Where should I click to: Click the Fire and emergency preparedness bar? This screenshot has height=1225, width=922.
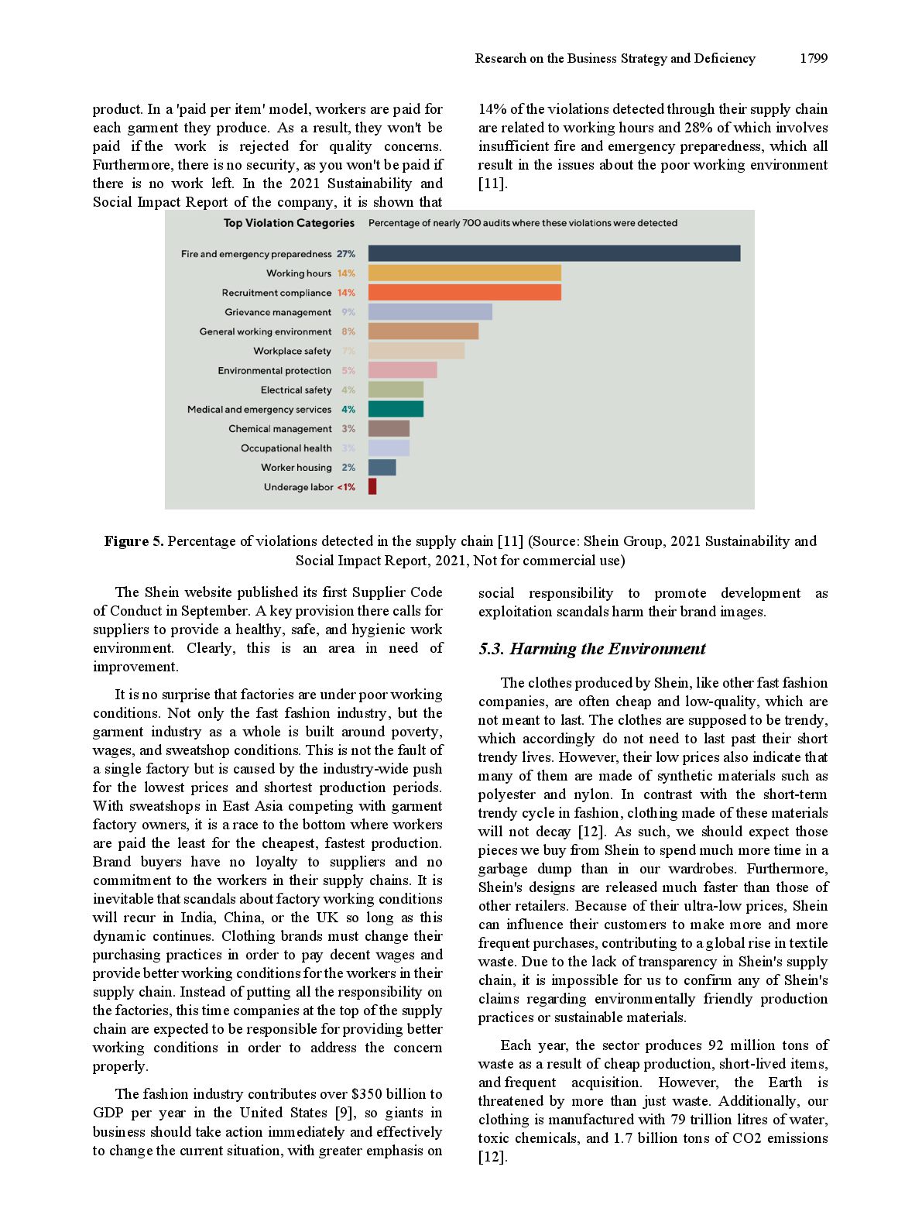point(554,253)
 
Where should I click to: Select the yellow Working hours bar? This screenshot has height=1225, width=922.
point(464,273)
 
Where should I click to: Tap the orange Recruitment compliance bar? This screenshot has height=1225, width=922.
point(464,292)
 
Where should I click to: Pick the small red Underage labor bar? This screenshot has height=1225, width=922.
point(372,486)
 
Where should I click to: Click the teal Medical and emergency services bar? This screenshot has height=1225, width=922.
point(396,409)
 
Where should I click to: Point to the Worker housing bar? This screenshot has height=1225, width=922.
point(382,467)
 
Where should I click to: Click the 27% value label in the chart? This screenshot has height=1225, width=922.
point(346,254)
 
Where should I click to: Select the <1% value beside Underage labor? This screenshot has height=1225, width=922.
point(346,487)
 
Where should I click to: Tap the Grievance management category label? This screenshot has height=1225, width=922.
point(278,312)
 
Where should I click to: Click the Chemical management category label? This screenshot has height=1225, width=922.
point(280,429)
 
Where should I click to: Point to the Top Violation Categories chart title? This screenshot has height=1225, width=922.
point(289,223)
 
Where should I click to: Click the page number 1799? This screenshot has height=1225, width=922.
point(814,58)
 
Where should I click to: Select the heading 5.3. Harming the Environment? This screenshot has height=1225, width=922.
point(592,649)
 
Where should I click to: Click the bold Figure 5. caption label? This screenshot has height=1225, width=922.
point(134,541)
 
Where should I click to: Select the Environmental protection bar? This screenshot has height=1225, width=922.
point(403,370)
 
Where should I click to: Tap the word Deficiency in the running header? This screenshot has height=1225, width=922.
point(725,58)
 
